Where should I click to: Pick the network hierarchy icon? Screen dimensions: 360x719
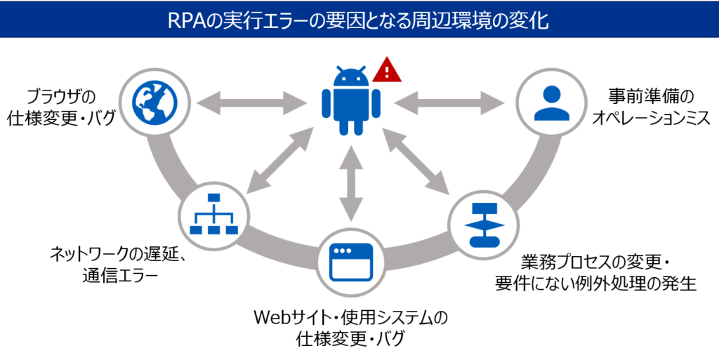click(213, 215)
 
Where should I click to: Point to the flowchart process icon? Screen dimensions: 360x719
click(482, 224)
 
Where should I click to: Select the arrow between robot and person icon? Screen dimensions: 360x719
click(450, 103)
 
